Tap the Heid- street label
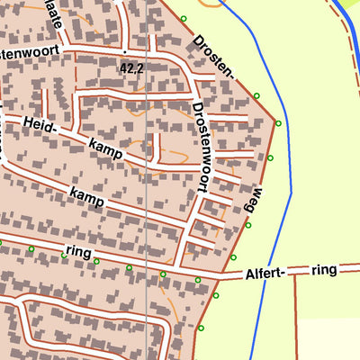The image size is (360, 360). (41, 125)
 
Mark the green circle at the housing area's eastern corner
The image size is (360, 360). (278, 123)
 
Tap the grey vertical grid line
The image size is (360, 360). (147, 180)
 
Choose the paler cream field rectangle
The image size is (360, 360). (328, 338)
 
